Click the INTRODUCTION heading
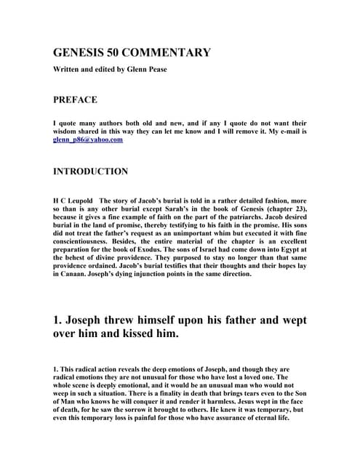[x=91, y=172]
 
